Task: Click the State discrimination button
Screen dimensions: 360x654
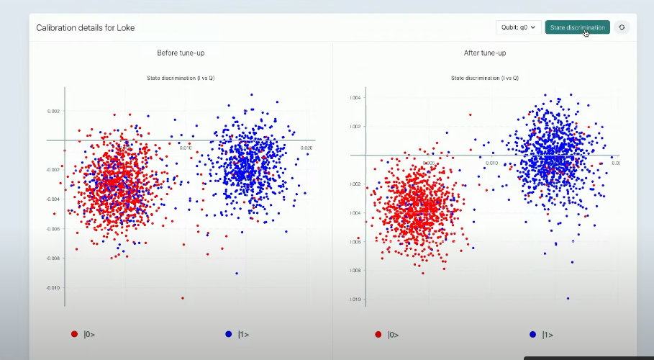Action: coord(577,27)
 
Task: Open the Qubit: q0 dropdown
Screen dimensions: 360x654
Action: coord(517,27)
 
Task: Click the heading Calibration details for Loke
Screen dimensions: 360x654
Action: coord(86,27)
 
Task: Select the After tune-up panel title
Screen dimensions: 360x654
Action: coord(484,53)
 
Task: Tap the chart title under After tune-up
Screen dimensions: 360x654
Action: coord(484,77)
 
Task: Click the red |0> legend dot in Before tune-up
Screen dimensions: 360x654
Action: coord(74,334)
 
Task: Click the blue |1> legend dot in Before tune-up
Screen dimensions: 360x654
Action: coord(229,334)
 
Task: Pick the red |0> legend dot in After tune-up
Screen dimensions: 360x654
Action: coord(378,334)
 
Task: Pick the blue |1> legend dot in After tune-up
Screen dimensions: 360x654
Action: coord(533,334)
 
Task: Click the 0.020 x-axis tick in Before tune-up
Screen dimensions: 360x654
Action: coord(306,148)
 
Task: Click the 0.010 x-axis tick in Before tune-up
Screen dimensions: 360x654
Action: coord(186,148)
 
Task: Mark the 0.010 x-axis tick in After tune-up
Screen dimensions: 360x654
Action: coord(491,163)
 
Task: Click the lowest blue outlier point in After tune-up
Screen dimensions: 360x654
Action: coord(568,298)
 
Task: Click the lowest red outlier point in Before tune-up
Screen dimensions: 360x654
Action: coord(182,297)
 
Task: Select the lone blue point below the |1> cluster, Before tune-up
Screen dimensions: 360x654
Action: coord(237,273)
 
